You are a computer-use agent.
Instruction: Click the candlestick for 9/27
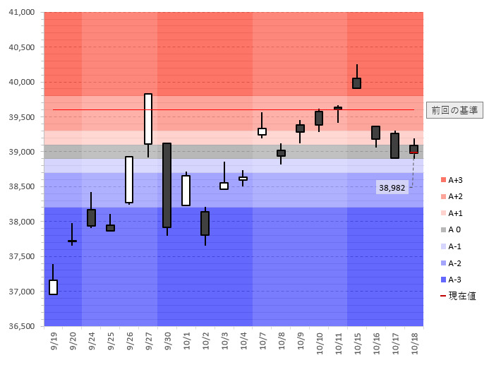(x=148, y=119)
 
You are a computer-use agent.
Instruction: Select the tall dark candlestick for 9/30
(x=167, y=185)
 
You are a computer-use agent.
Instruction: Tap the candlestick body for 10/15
(x=357, y=83)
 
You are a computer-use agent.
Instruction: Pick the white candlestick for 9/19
(x=53, y=287)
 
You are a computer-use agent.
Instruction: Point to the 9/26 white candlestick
(x=129, y=179)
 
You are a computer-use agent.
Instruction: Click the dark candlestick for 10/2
(x=205, y=223)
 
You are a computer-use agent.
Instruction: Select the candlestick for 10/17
(x=394, y=145)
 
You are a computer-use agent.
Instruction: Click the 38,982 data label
(x=392, y=188)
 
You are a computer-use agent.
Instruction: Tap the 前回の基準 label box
(x=454, y=110)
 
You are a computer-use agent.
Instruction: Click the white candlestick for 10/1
(x=186, y=190)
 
